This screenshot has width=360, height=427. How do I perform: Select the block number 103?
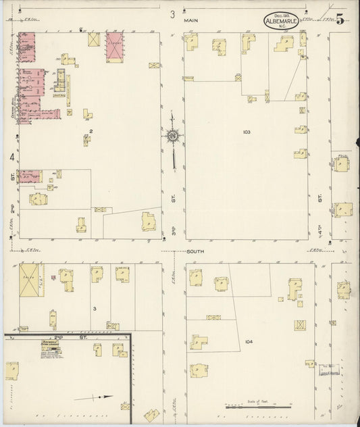coord(247,132)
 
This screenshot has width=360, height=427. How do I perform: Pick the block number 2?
coord(91,130)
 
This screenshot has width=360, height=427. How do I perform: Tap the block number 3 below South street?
coord(95,309)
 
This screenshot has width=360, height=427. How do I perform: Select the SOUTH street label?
coord(196,251)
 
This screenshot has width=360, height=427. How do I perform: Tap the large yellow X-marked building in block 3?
coord(31,280)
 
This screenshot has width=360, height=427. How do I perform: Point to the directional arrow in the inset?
coord(93,397)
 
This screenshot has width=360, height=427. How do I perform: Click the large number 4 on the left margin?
coord(12,157)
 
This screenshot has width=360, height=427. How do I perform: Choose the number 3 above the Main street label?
coord(172,14)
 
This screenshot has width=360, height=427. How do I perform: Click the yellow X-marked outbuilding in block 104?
coord(300,325)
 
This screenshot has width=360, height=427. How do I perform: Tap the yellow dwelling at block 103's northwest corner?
coord(192,43)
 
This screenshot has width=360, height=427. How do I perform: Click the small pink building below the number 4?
coord(28,176)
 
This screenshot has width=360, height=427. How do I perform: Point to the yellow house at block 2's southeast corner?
coord(148,222)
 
